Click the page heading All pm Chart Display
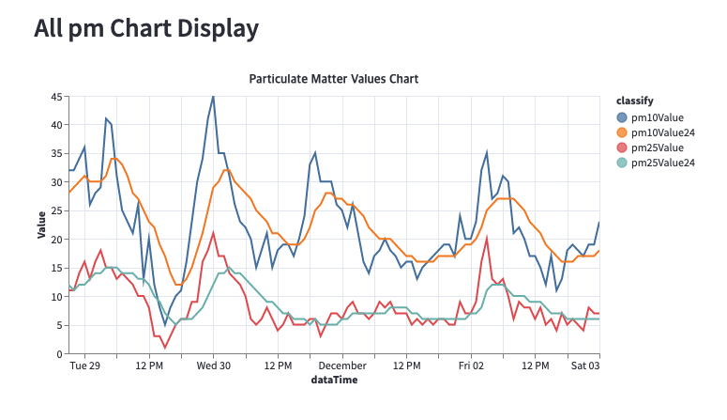pos(145,29)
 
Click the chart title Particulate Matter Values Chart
pos(333,79)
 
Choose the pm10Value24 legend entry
pos(661,132)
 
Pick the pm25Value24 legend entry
pos(661,163)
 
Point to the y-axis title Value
pos(42,225)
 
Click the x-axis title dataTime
pos(333,381)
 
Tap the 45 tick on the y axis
pos(56,96)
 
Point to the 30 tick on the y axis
pos(56,182)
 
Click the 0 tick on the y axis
pos(59,354)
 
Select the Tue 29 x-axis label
pos(85,366)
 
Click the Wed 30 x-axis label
pos(213,366)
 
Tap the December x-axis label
pos(342,366)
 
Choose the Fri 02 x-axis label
pos(472,366)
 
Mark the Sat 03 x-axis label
pos(586,366)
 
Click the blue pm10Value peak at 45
pos(213,97)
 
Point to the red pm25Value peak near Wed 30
pos(214,233)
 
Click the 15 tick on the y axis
pos(56,268)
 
